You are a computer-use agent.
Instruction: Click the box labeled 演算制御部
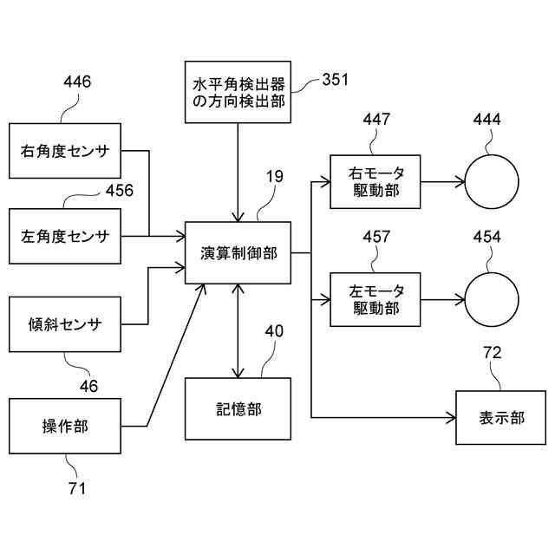tap(238, 252)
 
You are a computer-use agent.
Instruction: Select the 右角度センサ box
tap(65, 151)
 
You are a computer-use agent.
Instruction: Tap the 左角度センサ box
tap(65, 236)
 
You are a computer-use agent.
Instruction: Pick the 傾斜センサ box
tap(65, 324)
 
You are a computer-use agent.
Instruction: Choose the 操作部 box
tap(65, 426)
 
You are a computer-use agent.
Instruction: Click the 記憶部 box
tap(238, 408)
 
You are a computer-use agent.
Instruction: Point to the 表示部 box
tap(501, 418)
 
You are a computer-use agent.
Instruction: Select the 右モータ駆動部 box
tap(375, 181)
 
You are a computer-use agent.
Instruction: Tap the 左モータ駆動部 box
tap(375, 299)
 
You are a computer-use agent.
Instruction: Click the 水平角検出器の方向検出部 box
tap(238, 92)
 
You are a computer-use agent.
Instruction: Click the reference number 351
tap(335, 79)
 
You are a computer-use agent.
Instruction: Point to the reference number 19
tap(275, 176)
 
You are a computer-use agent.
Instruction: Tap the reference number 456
tap(120, 190)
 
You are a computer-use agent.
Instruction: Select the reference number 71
tap(77, 488)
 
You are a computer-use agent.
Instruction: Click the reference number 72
tap(493, 353)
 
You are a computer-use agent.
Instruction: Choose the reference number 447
tap(376, 119)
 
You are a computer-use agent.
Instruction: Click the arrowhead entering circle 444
tap(460, 182)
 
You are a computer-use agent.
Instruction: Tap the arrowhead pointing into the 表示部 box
tap(451, 418)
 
